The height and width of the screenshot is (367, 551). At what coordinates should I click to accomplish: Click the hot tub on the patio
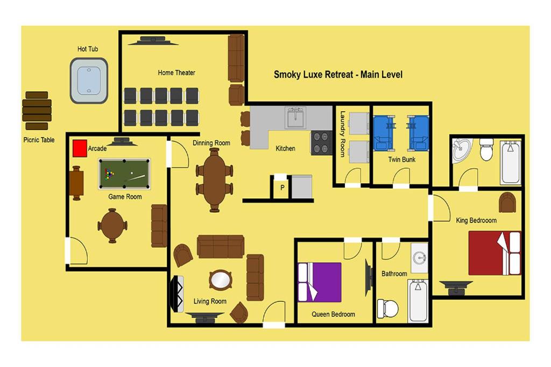(89, 81)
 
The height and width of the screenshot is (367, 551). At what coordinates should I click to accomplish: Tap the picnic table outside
(37, 111)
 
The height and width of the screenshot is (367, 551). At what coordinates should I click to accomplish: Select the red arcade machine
(80, 148)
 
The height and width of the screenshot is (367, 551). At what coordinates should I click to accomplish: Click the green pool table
(124, 174)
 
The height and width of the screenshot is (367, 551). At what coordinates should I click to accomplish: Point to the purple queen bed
(320, 283)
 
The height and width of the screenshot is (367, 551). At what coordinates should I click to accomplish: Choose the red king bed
(495, 253)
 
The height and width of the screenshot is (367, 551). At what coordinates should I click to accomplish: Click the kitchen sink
(295, 118)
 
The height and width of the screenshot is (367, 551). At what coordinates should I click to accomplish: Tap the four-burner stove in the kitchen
(321, 143)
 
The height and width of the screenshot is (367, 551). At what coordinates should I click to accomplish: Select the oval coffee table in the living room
(220, 280)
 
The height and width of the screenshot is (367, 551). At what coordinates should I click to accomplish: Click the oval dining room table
(214, 180)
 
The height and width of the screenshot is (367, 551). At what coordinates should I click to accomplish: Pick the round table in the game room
(112, 226)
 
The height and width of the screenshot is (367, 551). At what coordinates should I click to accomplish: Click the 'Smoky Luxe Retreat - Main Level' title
(338, 74)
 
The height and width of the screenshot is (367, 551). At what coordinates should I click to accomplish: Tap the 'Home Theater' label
(176, 73)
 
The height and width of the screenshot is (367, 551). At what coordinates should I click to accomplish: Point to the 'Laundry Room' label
(343, 134)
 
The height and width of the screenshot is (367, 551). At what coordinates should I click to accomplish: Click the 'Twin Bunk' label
(401, 159)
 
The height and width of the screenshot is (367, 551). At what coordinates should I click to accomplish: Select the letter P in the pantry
(282, 188)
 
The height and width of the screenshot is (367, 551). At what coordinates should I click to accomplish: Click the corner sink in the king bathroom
(462, 150)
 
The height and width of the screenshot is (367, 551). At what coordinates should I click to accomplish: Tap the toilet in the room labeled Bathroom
(388, 309)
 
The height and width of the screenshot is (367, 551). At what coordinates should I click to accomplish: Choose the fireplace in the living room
(177, 294)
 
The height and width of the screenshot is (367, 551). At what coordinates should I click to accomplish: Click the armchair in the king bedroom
(507, 203)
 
